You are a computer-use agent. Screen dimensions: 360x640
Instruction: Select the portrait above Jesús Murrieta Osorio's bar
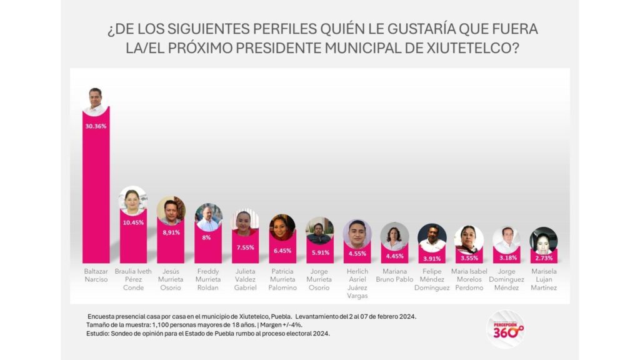click(x=171, y=211)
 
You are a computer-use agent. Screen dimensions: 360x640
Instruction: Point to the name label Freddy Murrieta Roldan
click(x=208, y=279)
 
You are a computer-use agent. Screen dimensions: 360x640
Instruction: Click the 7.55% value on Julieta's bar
click(x=245, y=246)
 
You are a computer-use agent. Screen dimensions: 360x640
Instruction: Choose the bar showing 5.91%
click(x=319, y=253)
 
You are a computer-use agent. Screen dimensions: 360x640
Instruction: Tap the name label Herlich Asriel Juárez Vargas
click(x=357, y=283)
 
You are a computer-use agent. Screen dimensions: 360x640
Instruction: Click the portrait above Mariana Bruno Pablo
click(x=394, y=236)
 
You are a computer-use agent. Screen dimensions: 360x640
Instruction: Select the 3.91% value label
click(x=432, y=258)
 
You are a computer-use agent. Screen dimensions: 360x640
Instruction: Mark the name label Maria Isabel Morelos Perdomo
click(x=469, y=279)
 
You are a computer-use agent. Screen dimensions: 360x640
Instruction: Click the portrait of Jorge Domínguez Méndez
click(x=506, y=239)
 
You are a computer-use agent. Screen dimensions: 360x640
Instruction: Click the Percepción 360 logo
click(x=505, y=329)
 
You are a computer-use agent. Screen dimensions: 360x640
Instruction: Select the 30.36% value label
click(x=96, y=126)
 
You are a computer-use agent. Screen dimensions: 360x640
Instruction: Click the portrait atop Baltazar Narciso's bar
click(x=96, y=101)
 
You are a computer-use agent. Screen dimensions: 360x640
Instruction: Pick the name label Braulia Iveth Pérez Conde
click(x=132, y=279)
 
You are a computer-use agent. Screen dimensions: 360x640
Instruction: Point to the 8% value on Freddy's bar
click(x=208, y=237)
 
